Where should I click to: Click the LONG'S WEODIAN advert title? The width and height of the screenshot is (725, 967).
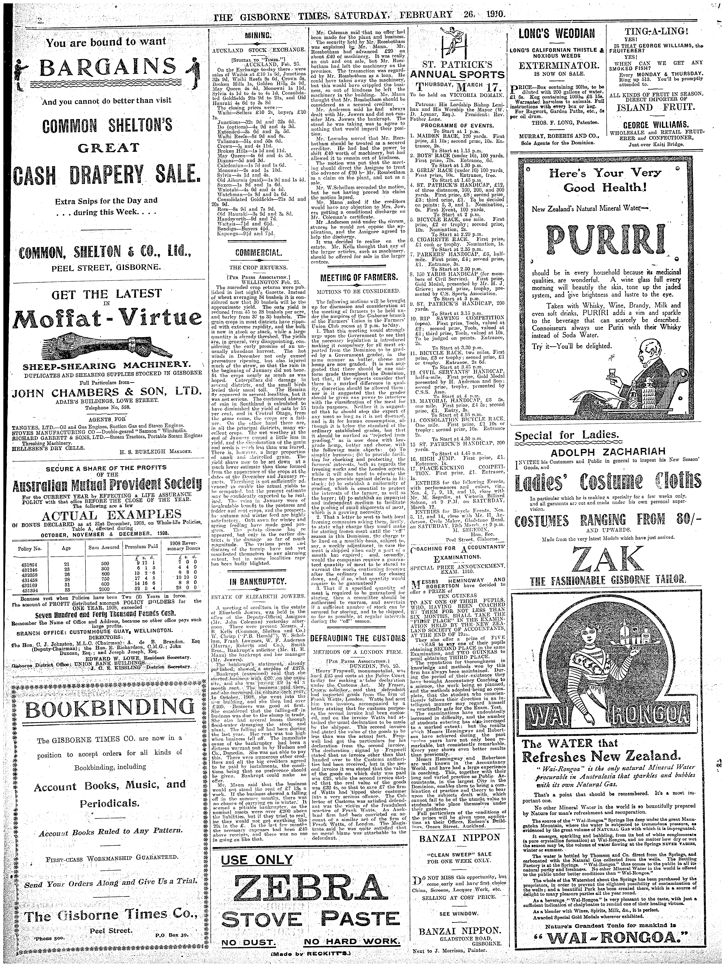click(556, 33)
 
